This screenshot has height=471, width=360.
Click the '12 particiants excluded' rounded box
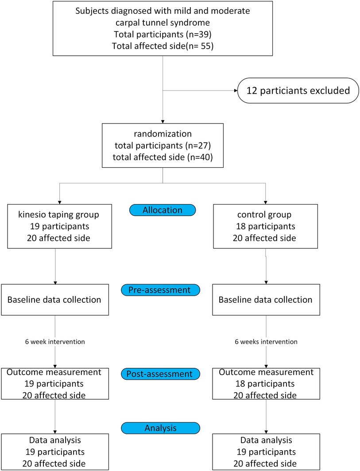pyautogui.click(x=298, y=91)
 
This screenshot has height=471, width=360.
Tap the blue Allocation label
pyautogui.click(x=163, y=210)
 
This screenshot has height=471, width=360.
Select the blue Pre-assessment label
pyautogui.click(x=160, y=290)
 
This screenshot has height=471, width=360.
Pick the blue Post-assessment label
pyautogui.click(x=160, y=374)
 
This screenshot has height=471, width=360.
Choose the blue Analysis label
pyautogui.click(x=160, y=428)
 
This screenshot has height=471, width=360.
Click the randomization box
pyautogui.click(x=163, y=145)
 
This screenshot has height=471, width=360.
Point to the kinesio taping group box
pyautogui.click(x=59, y=227)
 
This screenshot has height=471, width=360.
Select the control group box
pyautogui.click(x=265, y=227)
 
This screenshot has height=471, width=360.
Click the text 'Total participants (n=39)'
pyautogui.click(x=163, y=34)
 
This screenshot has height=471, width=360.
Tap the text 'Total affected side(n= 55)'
pyautogui.click(x=163, y=46)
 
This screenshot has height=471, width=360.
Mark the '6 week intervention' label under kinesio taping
pyautogui.click(x=55, y=342)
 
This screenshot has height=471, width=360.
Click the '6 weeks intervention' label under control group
pyautogui.click(x=266, y=342)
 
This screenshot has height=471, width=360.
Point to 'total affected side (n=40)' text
pyautogui.click(x=163, y=157)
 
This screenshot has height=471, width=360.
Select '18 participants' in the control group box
pyautogui.click(x=265, y=226)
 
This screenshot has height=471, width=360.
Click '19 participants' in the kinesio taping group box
pyautogui.click(x=59, y=226)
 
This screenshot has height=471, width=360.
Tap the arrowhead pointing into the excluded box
pyautogui.click(x=236, y=90)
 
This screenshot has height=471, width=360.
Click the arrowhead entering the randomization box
pyautogui.click(x=163, y=121)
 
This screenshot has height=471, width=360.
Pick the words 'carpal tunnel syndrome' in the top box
pyautogui.click(x=163, y=23)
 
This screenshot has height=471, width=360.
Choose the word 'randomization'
pyautogui.click(x=163, y=134)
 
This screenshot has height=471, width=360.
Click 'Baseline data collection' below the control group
pyautogui.click(x=265, y=300)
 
